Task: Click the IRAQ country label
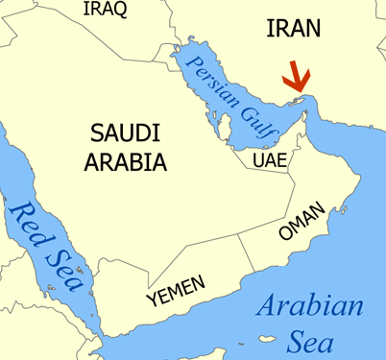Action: (x=106, y=9)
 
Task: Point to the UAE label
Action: (x=270, y=160)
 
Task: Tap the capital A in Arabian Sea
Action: (x=267, y=309)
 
